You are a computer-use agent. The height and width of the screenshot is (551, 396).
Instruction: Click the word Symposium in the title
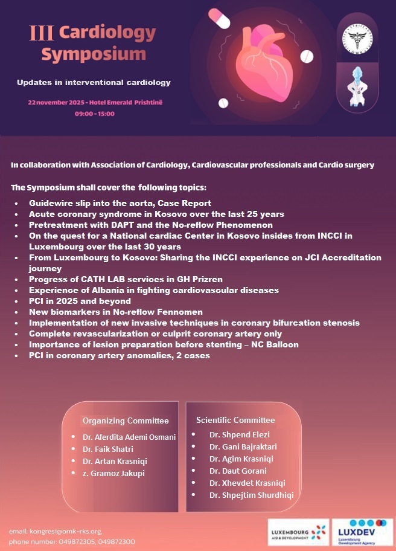[94, 54]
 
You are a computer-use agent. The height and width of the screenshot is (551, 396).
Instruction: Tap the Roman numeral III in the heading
[42, 33]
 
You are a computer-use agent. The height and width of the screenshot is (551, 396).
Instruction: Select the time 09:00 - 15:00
[94, 114]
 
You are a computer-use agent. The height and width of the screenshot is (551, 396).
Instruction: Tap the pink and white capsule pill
[219, 18]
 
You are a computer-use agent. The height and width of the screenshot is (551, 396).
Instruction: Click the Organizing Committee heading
[126, 420]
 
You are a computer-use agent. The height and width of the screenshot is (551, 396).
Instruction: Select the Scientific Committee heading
[235, 420]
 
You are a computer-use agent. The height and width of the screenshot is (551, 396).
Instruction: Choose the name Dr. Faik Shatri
[109, 449]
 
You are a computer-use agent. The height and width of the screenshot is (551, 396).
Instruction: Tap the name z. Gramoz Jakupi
[113, 473]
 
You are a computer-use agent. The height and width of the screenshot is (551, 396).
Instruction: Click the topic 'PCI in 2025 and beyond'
[80, 301]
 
